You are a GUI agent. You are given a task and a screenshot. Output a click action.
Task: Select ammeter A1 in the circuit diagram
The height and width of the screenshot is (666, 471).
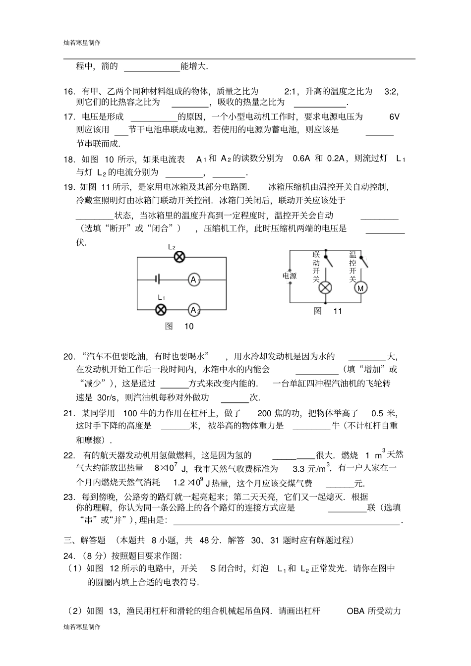tap(193, 280)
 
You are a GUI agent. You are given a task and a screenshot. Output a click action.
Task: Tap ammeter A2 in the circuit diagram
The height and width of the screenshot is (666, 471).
tap(193, 310)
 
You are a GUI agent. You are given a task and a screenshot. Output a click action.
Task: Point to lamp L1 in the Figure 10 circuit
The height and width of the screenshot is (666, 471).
tap(161, 310)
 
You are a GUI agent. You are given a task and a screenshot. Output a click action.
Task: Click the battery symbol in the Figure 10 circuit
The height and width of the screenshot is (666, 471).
tap(157, 279)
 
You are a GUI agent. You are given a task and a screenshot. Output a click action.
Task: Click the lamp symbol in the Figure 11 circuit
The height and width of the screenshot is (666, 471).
tap(325, 288)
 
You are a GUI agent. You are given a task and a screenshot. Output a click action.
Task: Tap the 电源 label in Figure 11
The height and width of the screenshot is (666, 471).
tap(290, 276)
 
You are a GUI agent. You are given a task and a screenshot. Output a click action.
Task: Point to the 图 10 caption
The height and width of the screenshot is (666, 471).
tap(179, 326)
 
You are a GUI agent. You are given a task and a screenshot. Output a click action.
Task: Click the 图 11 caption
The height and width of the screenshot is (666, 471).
tap(328, 311)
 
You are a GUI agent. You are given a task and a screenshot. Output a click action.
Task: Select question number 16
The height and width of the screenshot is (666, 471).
tap(69, 91)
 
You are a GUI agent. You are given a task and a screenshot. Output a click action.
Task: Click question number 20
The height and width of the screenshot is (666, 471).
tap(69, 356)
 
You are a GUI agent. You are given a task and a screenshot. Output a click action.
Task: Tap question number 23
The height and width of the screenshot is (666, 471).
tap(69, 497)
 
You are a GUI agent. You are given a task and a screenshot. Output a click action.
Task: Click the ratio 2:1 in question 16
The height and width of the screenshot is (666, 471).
tap(290, 91)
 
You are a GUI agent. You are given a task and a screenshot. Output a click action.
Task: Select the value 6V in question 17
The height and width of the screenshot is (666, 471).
tap(394, 117)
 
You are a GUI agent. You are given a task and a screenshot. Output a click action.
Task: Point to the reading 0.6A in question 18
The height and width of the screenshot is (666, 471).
tap(301, 159)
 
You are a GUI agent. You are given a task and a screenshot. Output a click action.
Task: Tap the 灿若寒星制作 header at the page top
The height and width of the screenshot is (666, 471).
tap(82, 43)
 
